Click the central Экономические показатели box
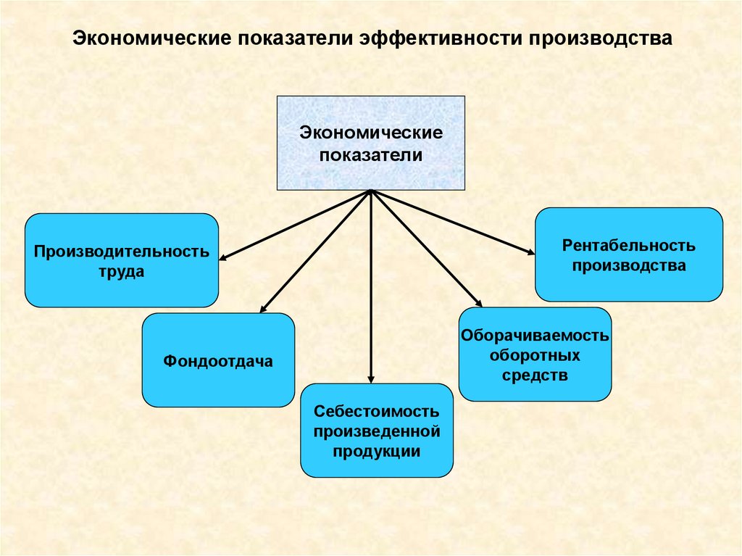[370, 144]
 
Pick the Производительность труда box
[122, 260]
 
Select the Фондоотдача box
[218, 360]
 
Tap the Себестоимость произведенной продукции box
[377, 431]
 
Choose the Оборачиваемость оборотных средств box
[535, 354]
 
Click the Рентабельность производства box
[629, 254]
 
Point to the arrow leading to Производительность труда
[293, 225]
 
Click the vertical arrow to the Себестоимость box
[371, 290]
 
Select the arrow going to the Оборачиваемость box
[428, 250]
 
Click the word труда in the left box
[122, 272]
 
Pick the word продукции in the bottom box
[377, 451]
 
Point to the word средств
[535, 375]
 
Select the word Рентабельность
[629, 245]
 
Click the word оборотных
[535, 356]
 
